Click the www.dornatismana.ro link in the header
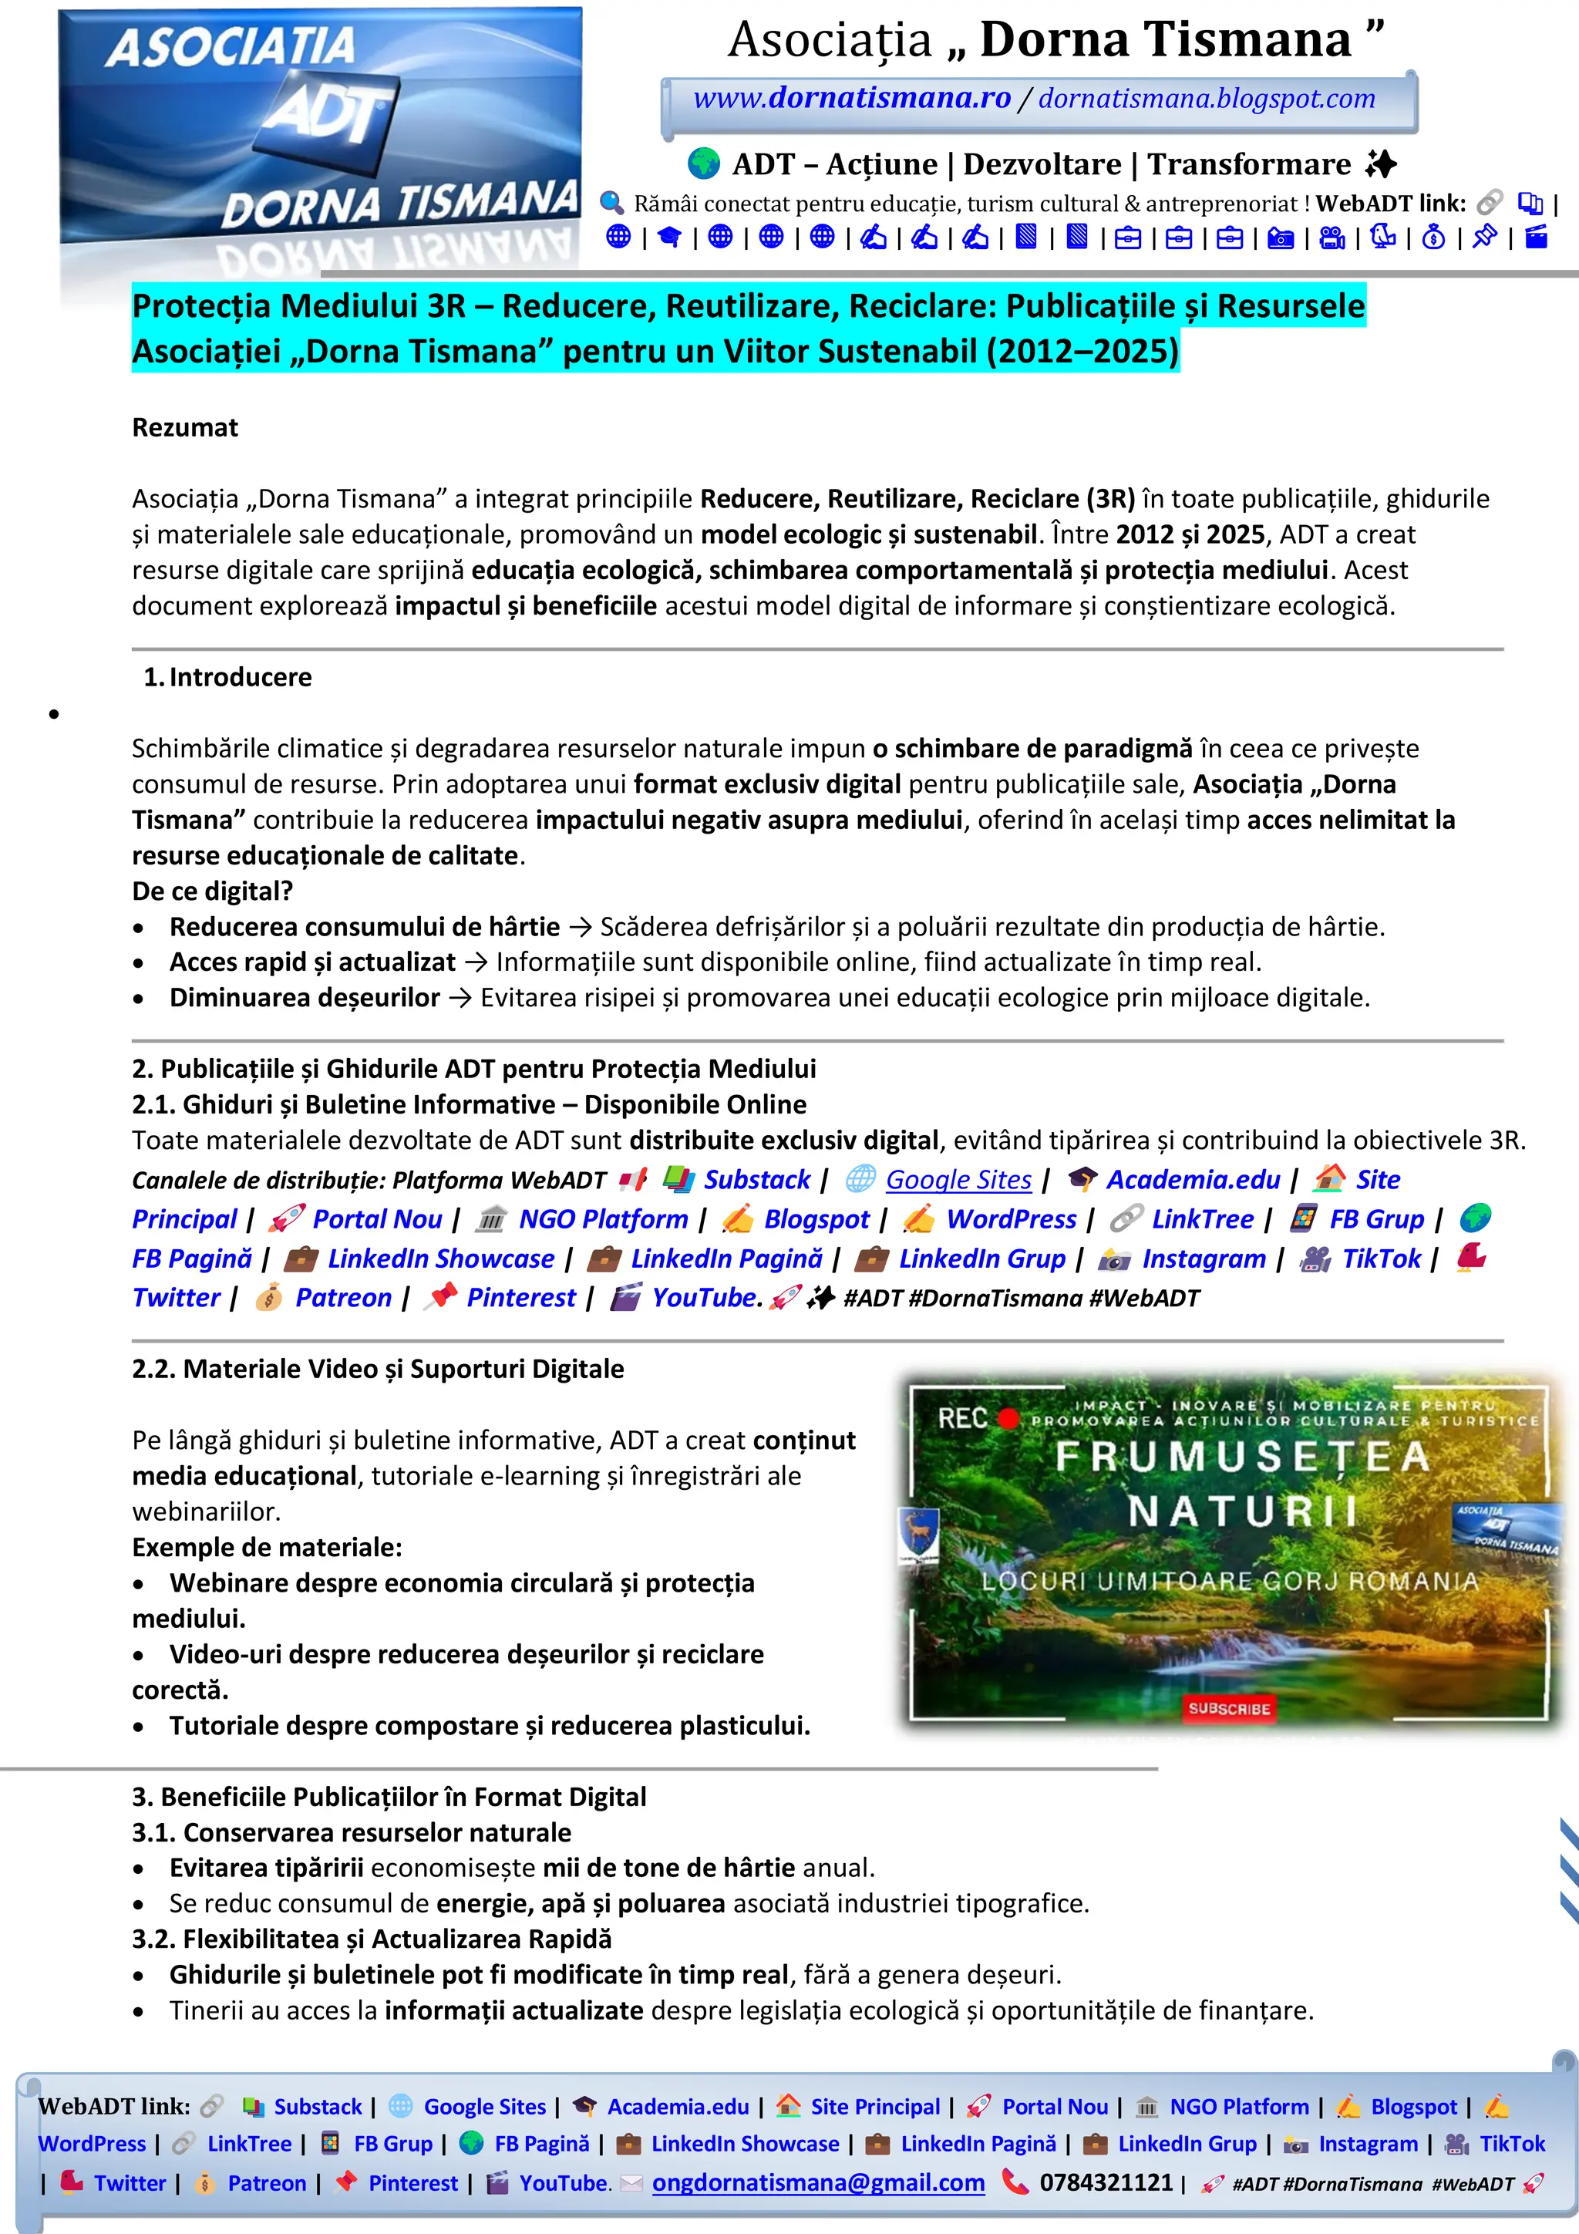tap(851, 98)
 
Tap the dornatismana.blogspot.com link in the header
tap(1207, 98)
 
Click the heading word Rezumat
tap(185, 427)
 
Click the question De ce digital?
tap(212, 891)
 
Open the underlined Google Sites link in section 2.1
tap(958, 1179)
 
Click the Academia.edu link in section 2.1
tap(1193, 1179)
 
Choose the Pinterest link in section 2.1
tap(520, 1297)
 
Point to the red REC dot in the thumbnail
tap(1008, 1417)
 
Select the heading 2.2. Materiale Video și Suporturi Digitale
tap(378, 1369)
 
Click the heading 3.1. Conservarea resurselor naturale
tap(352, 1832)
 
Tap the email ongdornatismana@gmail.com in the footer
tap(817, 2182)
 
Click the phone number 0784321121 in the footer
tap(1105, 2182)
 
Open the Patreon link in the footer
tap(267, 2182)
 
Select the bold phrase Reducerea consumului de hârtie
tap(364, 926)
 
